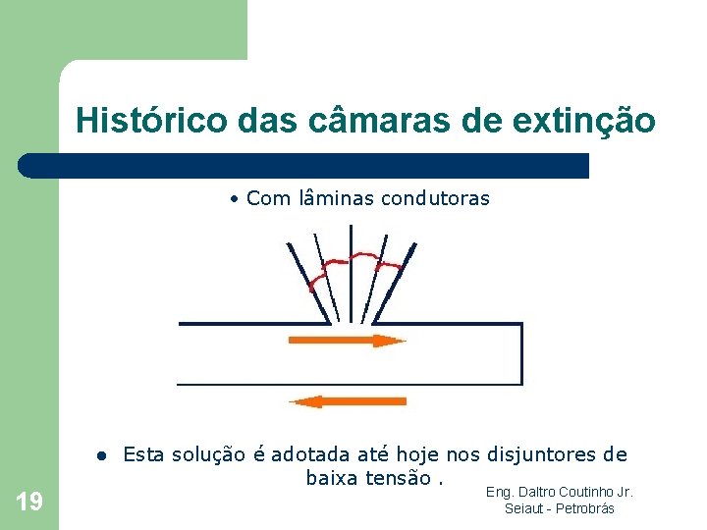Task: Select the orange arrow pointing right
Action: [347, 341]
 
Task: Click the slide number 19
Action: [29, 503]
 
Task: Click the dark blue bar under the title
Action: [304, 166]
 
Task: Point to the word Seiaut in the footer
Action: [521, 508]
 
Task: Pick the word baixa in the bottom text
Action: [334, 478]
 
